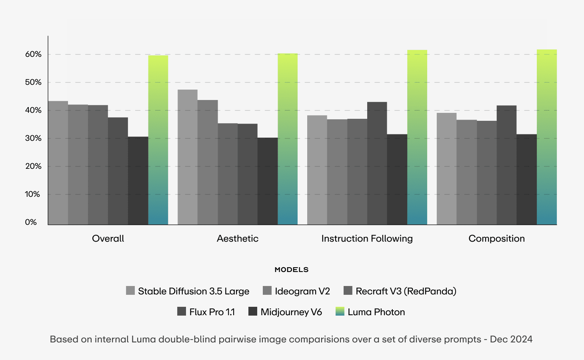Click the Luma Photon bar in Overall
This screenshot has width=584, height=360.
[x=158, y=140]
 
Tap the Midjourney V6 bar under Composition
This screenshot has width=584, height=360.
[x=526, y=180]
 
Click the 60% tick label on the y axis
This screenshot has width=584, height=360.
[x=33, y=54]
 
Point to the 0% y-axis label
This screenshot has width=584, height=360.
[x=31, y=222]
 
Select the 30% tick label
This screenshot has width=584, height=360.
[x=33, y=138]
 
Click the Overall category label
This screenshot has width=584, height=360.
[x=108, y=239]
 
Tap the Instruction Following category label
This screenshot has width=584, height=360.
[x=367, y=239]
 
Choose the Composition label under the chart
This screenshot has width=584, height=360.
[x=496, y=239]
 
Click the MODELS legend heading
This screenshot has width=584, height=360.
[x=292, y=270]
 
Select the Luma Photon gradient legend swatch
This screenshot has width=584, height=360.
[x=340, y=312]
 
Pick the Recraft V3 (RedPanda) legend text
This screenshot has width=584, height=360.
[x=406, y=291]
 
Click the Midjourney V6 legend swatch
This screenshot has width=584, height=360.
[x=253, y=312]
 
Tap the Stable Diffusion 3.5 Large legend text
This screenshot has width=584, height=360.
[x=194, y=291]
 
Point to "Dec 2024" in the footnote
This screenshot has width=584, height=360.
[x=511, y=340]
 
